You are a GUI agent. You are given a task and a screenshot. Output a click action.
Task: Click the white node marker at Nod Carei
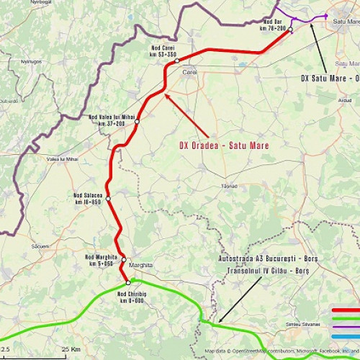(176, 61)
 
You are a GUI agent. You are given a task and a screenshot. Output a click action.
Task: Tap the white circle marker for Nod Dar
(290, 30)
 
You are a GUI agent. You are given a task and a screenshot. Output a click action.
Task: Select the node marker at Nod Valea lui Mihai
(137, 121)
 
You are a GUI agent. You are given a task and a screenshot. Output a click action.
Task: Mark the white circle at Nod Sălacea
(108, 197)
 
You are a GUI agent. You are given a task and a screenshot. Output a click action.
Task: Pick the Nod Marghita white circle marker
(124, 259)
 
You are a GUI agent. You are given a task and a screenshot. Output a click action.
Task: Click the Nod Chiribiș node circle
(128, 283)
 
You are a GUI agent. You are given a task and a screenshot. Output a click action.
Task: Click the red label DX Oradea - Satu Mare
(224, 145)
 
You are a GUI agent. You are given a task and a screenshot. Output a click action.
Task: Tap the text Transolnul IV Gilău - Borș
(267, 270)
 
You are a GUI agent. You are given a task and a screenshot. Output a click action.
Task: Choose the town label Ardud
(344, 101)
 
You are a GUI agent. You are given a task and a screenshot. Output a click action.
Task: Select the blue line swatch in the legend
(345, 335)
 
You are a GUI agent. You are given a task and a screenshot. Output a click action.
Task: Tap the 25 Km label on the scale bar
(70, 348)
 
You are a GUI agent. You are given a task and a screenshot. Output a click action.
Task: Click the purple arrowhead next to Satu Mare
(325, 15)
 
